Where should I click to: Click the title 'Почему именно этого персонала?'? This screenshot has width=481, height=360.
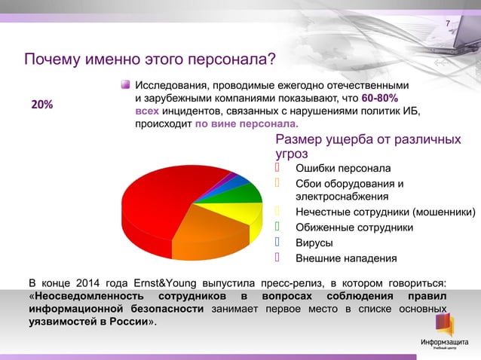point(149,59)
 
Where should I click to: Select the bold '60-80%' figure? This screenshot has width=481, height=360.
point(381,99)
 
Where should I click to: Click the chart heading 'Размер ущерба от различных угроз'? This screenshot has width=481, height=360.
point(368,146)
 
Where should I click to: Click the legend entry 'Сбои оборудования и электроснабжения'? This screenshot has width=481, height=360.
point(348,190)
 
